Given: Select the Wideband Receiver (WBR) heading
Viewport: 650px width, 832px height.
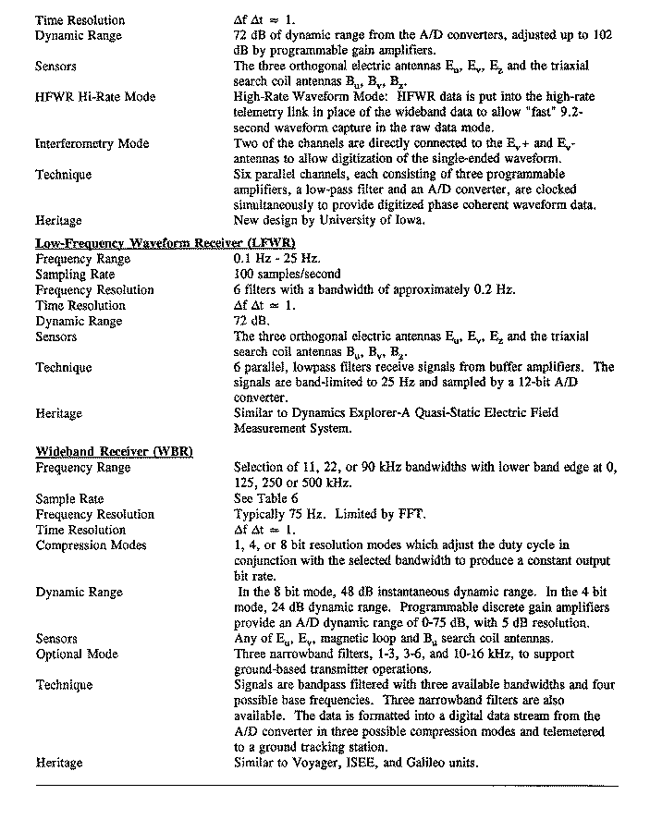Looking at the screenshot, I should click(x=114, y=451).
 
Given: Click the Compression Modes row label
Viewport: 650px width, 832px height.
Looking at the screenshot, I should click(x=91, y=545).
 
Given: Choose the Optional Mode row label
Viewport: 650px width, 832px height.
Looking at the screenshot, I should click(x=77, y=655).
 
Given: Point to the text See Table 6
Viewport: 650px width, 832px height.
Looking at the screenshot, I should click(x=268, y=498).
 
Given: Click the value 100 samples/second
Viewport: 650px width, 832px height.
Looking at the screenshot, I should click(x=288, y=275).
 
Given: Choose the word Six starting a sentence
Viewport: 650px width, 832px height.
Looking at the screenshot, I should click(x=245, y=175).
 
